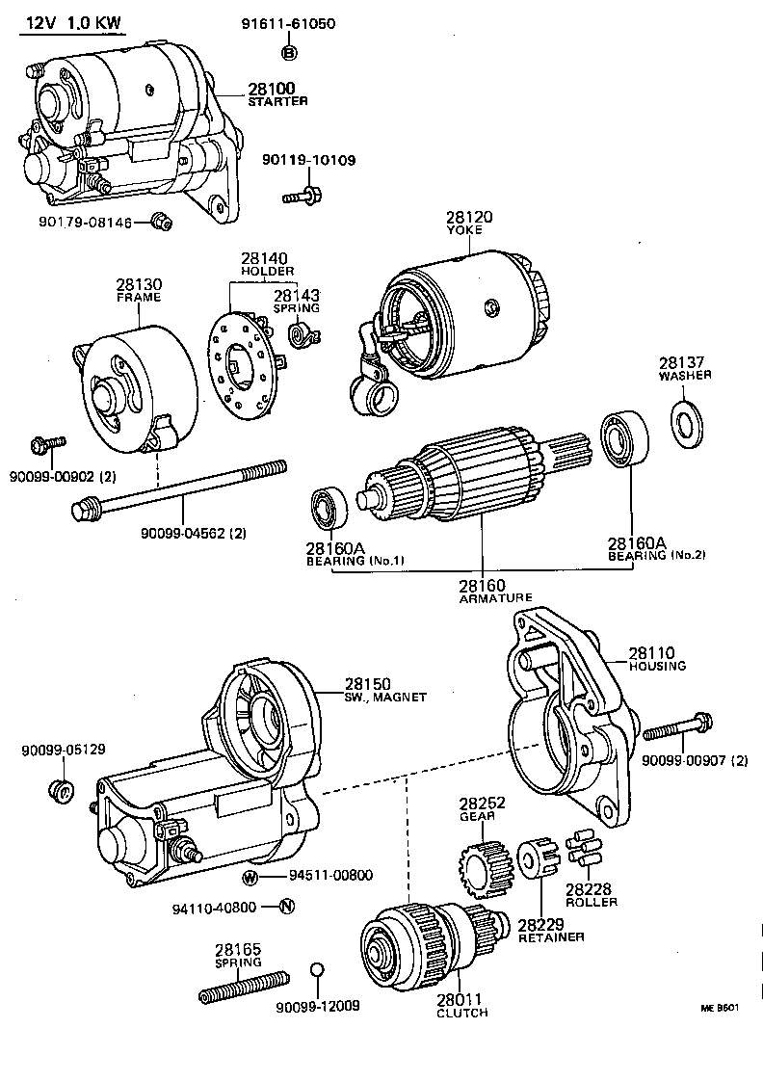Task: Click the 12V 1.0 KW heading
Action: pyautogui.click(x=74, y=23)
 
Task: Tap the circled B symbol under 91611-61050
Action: pyautogui.click(x=290, y=52)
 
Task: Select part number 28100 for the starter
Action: pyautogui.click(x=272, y=89)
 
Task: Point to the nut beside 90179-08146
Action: pyautogui.click(x=162, y=221)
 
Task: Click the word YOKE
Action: pyautogui.click(x=464, y=229)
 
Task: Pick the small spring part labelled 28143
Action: pyautogui.click(x=303, y=335)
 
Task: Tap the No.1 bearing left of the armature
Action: pyautogui.click(x=329, y=508)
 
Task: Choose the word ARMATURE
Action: pyautogui.click(x=495, y=598)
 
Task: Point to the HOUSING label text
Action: pyautogui.click(x=658, y=666)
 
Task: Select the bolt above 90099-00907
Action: pyautogui.click(x=678, y=726)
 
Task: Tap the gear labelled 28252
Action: pyautogui.click(x=486, y=868)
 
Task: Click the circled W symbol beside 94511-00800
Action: pyautogui.click(x=250, y=878)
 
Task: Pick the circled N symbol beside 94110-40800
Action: pyautogui.click(x=287, y=907)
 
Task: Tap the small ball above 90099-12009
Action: pyautogui.click(x=316, y=970)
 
